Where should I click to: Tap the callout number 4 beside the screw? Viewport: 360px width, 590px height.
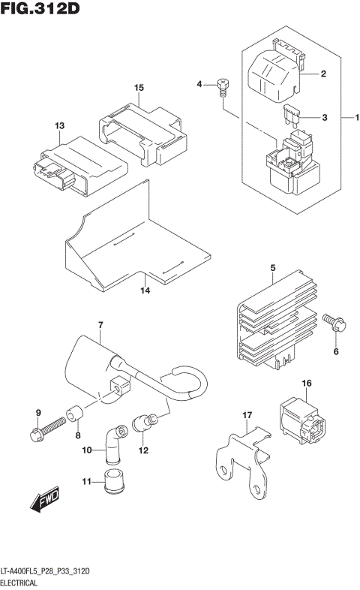click(x=200, y=84)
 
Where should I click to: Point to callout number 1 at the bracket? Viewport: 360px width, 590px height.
click(x=358, y=117)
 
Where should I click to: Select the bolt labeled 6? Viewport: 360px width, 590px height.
click(x=332, y=324)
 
